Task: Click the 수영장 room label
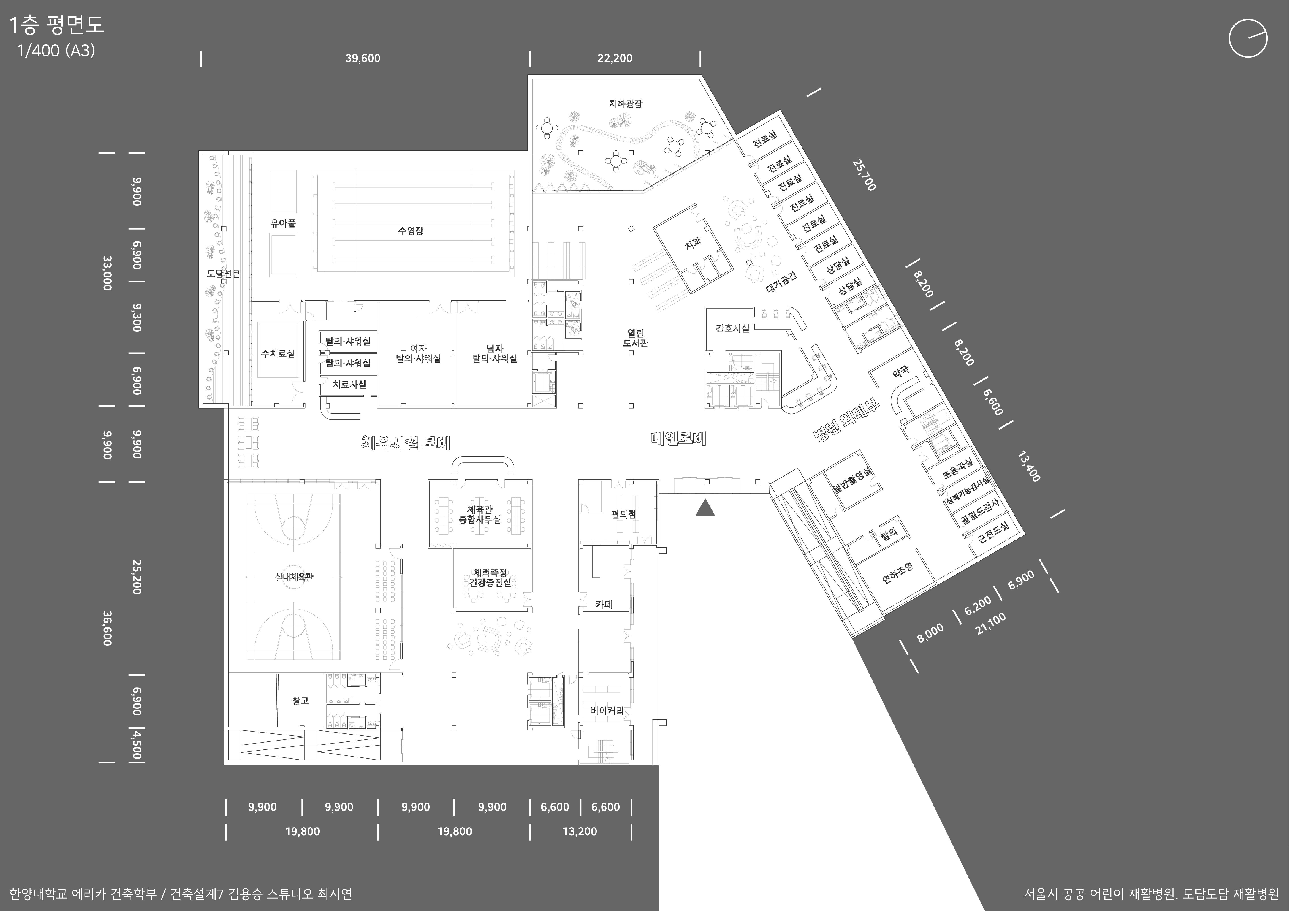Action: pos(410,231)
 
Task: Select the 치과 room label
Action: pos(693,243)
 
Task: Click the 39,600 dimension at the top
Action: pos(363,58)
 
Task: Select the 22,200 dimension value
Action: pos(615,58)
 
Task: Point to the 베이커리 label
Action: pos(607,711)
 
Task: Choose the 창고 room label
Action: pos(300,701)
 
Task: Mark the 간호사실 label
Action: pos(733,328)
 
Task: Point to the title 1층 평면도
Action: pos(57,25)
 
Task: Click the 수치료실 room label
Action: pos(278,354)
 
